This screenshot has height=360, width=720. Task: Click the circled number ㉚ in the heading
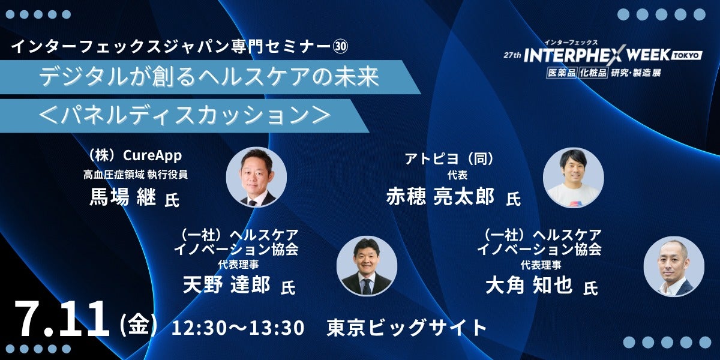[340, 47]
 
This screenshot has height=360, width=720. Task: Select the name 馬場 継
[122, 197]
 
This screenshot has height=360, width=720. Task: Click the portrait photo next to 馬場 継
[256, 177]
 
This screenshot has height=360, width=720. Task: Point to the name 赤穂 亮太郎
[440, 196]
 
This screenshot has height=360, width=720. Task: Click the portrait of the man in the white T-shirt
[573, 178]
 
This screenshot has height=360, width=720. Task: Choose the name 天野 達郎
[226, 284]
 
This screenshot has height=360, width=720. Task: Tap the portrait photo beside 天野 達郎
[367, 266]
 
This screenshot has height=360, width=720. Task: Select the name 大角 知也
[529, 285]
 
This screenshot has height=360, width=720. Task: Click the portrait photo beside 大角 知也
[674, 266]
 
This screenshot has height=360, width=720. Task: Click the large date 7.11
[61, 319]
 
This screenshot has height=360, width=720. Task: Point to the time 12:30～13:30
[238, 328]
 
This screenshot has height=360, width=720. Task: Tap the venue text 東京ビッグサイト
[406, 328]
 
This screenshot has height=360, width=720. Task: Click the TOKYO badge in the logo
[686, 55]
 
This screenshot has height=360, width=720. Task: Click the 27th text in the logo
[512, 55]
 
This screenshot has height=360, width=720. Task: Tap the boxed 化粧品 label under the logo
[593, 73]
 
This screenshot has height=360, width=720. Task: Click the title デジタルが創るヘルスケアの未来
[209, 77]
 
